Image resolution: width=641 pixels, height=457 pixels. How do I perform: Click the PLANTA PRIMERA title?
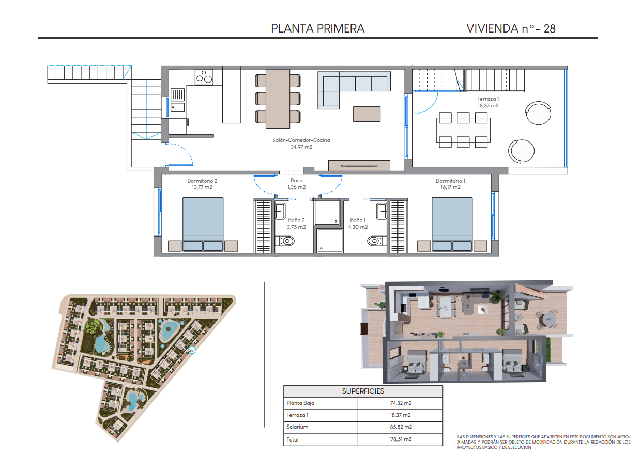pyautogui.click(x=317, y=28)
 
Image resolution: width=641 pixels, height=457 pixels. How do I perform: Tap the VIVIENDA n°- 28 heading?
pyautogui.click(x=511, y=28)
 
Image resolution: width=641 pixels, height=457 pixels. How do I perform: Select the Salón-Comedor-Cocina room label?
pyautogui.click(x=301, y=144)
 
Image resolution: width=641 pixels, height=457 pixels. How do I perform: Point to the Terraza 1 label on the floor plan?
pyautogui.click(x=488, y=102)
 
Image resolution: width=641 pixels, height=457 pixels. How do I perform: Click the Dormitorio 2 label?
pyautogui.click(x=202, y=184)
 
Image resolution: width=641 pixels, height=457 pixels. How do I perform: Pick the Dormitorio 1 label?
pyautogui.click(x=450, y=184)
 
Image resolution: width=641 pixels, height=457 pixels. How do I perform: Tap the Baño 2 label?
pyautogui.click(x=297, y=224)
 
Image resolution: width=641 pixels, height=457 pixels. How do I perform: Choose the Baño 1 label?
pyautogui.click(x=358, y=224)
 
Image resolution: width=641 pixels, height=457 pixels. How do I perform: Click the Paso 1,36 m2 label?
pyautogui.click(x=297, y=184)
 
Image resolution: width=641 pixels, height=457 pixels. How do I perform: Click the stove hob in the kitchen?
pyautogui.click(x=204, y=77)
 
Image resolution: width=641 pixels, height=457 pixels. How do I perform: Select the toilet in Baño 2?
pyautogui.click(x=285, y=241)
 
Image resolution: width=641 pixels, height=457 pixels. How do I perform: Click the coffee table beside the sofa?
pyautogui.click(x=367, y=114)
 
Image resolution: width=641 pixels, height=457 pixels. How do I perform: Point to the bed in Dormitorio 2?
pyautogui.click(x=203, y=224)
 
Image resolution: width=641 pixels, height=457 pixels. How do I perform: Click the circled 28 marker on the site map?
pyautogui.click(x=191, y=350)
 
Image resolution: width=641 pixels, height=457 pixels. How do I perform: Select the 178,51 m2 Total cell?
pyautogui.click(x=400, y=439)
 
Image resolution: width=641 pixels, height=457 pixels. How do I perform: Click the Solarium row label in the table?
pyautogui.click(x=297, y=427)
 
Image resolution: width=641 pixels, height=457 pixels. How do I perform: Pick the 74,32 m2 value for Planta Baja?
pyautogui.click(x=401, y=403)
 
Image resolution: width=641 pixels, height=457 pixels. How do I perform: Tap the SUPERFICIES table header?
pyautogui.click(x=363, y=391)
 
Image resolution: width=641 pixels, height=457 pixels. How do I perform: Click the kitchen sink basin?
pyautogui.click(x=177, y=107)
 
